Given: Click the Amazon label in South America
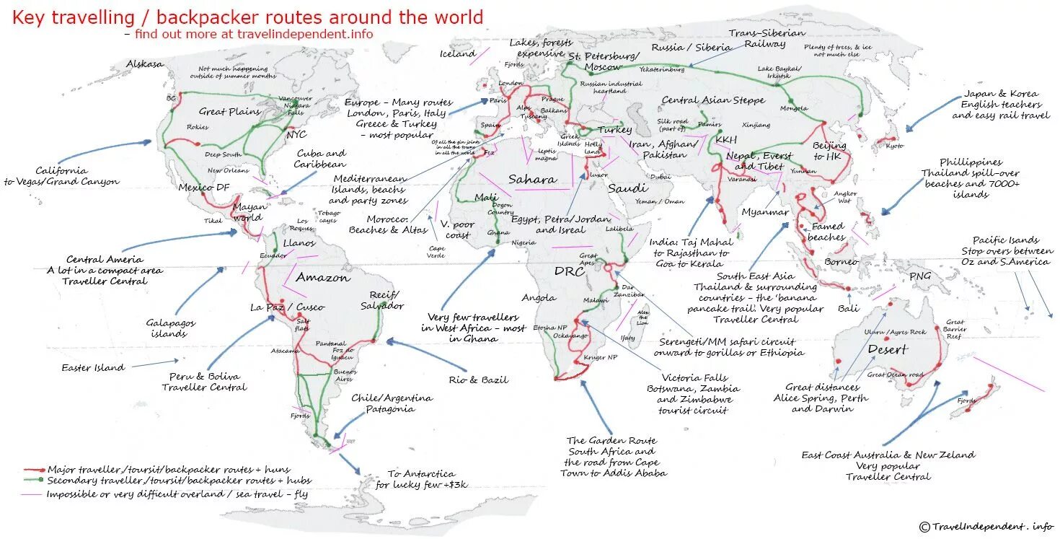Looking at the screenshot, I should coord(323,277).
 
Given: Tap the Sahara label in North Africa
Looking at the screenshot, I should coord(532,180).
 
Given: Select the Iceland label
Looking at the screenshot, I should coord(458,53).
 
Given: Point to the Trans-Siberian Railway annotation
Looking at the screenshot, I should coord(756,38).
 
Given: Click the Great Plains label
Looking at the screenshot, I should coord(229,111).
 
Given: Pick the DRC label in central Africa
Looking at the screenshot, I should coord(569,271).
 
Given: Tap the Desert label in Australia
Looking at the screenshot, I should coord(887,350).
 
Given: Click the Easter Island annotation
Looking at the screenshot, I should coord(93,368).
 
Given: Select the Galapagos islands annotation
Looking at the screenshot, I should coord(171,328).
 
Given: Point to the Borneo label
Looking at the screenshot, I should coord(842,261).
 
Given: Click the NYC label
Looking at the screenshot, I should coord(296,135).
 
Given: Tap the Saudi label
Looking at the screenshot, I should coord(627,188).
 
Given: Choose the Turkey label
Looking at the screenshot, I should coord(614,130).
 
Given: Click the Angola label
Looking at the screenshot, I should coord(539,297).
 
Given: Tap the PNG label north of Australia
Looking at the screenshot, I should coord(919,276).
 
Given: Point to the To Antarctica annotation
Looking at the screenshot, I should coord(421,479).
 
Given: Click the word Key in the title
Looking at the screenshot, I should coord(28,17).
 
